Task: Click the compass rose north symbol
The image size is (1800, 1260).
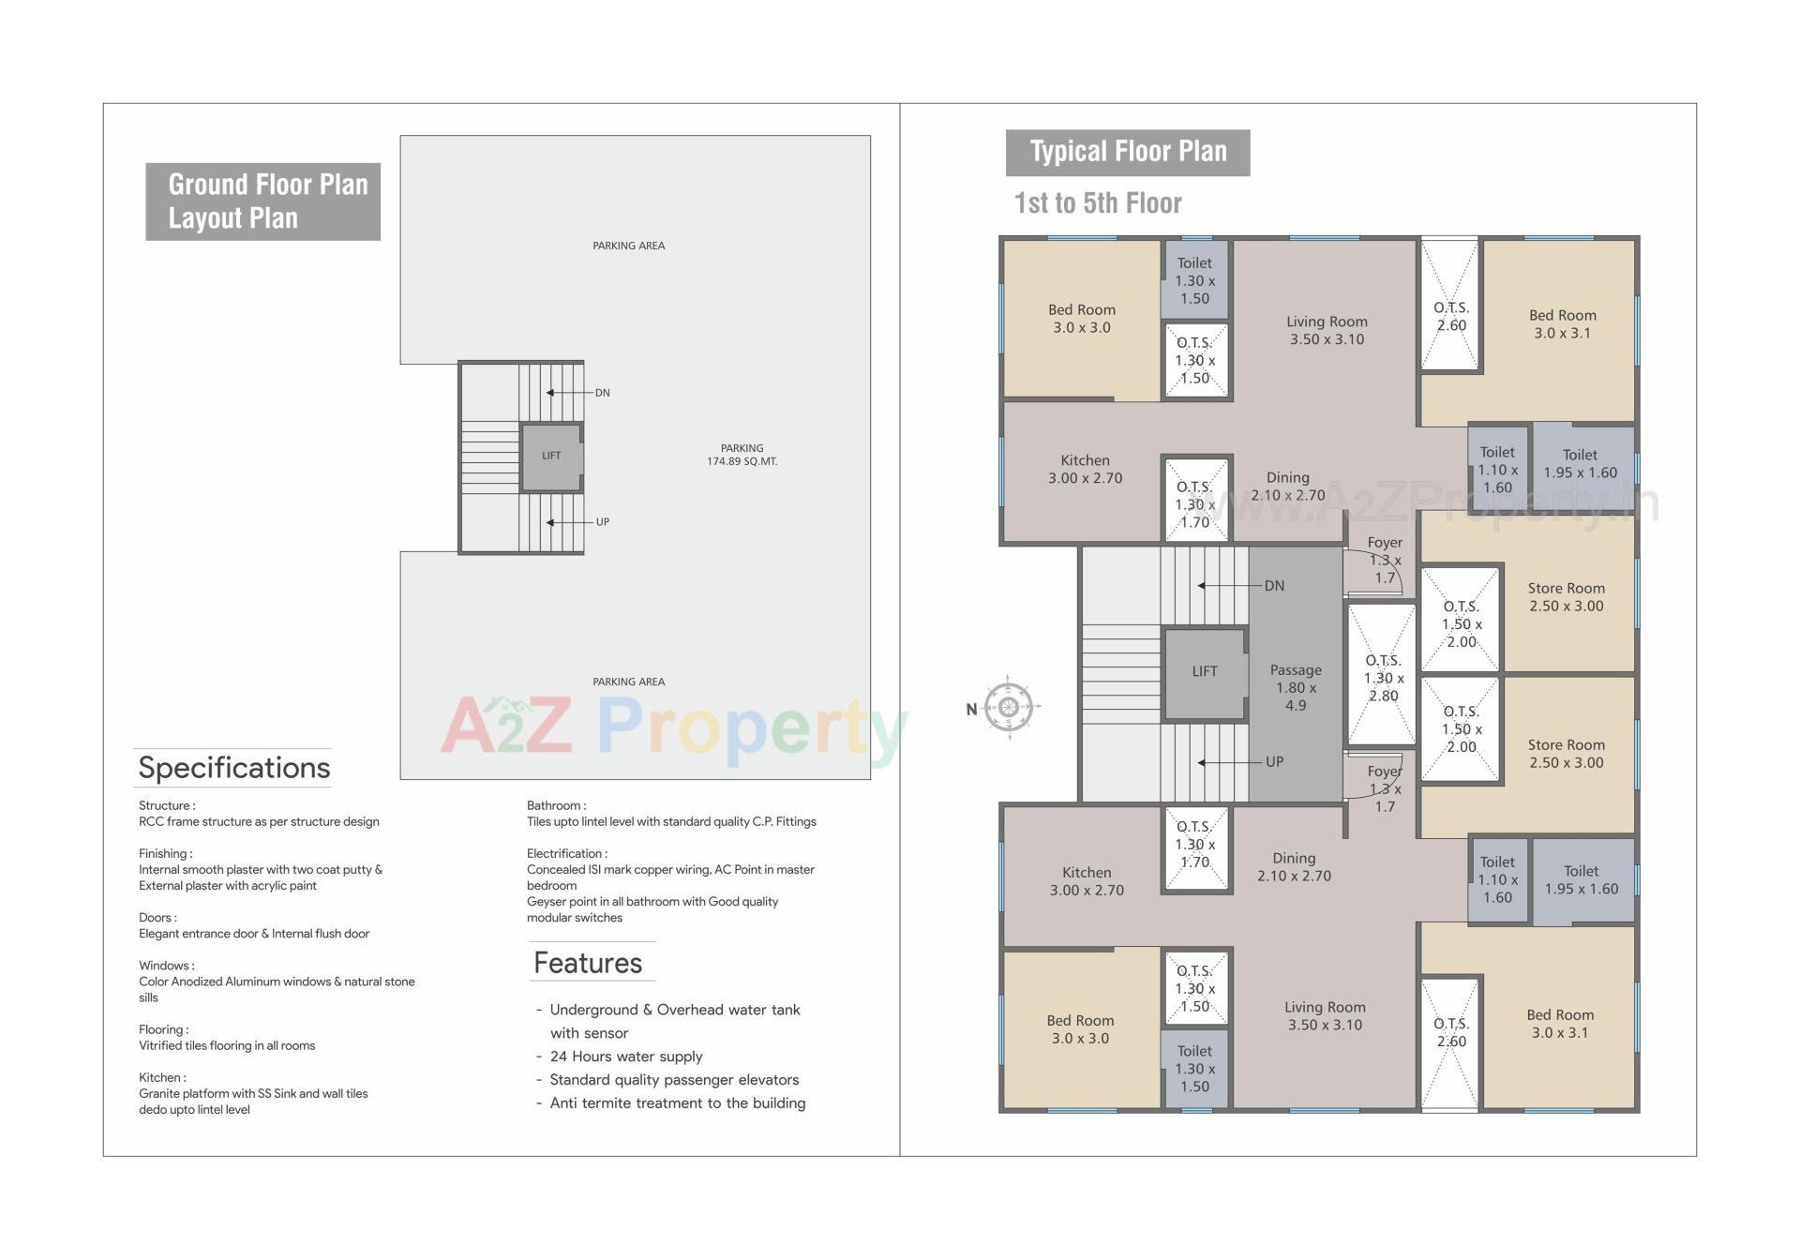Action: click(x=1009, y=708)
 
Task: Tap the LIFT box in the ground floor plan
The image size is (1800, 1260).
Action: click(x=551, y=457)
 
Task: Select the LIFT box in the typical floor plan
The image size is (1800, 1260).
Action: click(x=1205, y=671)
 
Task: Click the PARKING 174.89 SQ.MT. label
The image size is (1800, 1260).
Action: click(x=742, y=455)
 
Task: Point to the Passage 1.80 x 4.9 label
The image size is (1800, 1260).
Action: click(x=1296, y=687)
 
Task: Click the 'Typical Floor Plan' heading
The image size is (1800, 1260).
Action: click(x=1128, y=152)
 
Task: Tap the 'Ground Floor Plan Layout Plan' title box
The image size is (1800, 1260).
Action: click(x=263, y=202)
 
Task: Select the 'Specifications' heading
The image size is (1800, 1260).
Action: click(x=234, y=768)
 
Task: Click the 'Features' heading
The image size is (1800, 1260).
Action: click(x=588, y=963)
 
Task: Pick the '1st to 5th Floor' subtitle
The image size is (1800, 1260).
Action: click(x=1098, y=203)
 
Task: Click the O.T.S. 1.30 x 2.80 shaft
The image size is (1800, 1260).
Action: click(x=1383, y=677)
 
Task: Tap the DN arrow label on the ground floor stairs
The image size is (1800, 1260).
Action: click(x=602, y=393)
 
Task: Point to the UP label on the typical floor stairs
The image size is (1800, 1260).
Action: click(x=1274, y=762)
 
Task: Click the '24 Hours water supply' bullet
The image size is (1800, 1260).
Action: click(x=626, y=1057)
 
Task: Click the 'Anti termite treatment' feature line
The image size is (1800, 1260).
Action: click(x=677, y=1103)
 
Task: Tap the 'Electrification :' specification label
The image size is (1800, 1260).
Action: click(x=566, y=853)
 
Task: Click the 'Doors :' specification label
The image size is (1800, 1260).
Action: click(x=157, y=917)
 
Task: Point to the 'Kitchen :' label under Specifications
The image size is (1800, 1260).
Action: click(x=162, y=1077)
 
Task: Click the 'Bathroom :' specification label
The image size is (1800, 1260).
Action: click(x=556, y=805)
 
